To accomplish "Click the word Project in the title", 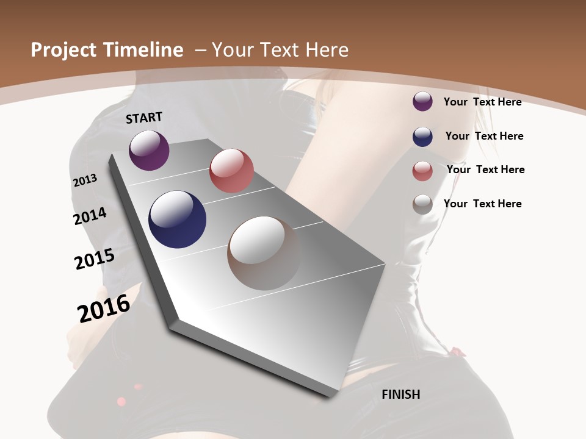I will click(x=61, y=50).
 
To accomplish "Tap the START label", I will click(x=144, y=118).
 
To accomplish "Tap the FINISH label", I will click(x=400, y=394).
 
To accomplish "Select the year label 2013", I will click(x=85, y=180).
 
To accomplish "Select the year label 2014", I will click(x=90, y=216).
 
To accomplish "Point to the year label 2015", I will click(x=94, y=259).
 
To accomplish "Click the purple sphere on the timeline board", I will click(x=149, y=150).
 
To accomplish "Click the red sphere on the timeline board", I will click(x=231, y=171).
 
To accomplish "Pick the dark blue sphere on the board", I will click(x=177, y=220).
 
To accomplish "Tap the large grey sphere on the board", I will click(x=264, y=253).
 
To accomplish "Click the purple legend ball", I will click(x=422, y=102).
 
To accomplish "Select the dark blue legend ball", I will click(x=422, y=137).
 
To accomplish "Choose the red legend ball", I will click(x=422, y=171).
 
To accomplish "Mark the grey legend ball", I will click(x=422, y=204).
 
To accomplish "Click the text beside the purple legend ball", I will click(x=482, y=102).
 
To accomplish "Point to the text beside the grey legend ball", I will click(x=482, y=204).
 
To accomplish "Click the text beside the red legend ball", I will click(x=485, y=170).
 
